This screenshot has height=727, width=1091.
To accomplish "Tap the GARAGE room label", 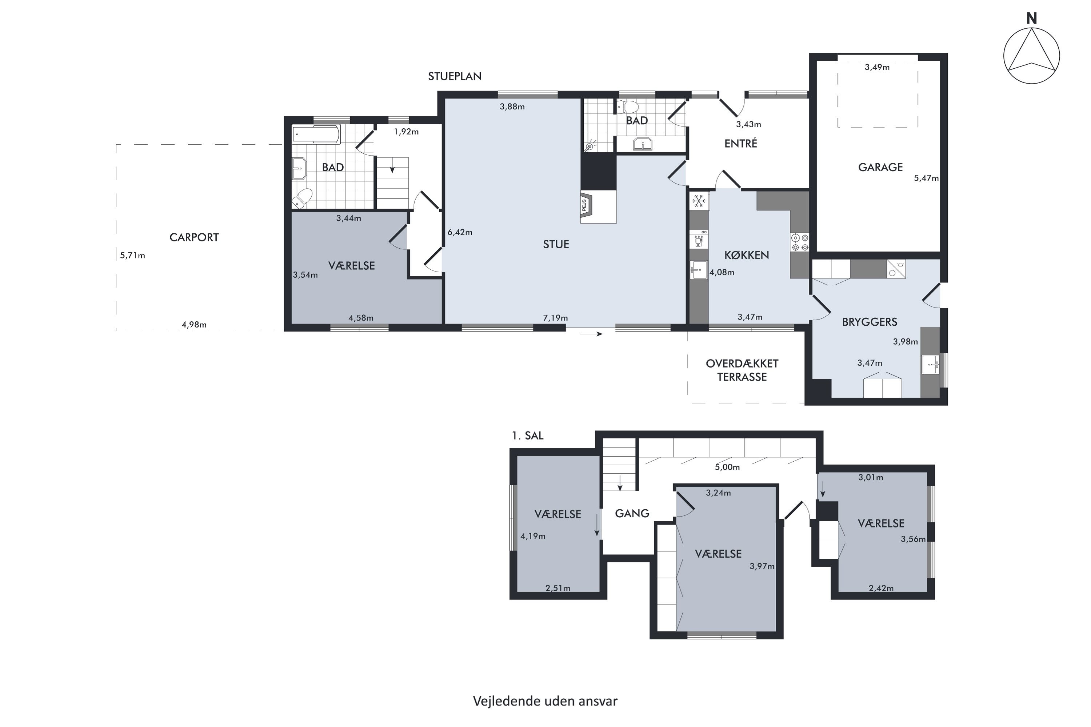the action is pos(880,167).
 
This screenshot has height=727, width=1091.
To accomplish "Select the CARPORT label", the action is pos(194,237).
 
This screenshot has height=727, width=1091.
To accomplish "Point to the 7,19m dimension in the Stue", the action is pos(555,318).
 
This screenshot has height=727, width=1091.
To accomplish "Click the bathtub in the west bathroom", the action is pos(316,134).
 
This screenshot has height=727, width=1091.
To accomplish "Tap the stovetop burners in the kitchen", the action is pos(800,242).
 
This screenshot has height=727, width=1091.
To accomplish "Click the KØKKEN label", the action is pos(746,255).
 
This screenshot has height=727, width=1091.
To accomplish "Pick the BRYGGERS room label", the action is pos(869,322).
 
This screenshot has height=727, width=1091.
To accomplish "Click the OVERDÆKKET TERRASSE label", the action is pos(742,370).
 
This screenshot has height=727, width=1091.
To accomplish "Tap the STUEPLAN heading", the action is pos(455,76).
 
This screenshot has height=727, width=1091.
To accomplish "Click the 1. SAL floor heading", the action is pos(527,436).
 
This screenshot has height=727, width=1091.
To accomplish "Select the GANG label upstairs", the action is pos(632,513).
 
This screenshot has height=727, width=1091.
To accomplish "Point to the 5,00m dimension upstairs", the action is pos(727,467).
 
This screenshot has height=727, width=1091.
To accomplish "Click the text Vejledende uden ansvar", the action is pos(545,701).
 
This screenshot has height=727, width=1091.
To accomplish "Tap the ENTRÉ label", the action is pos(741,143).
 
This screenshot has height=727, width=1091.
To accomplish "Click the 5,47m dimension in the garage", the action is pos(926,178).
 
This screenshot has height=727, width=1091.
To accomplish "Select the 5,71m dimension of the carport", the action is pos(132,256).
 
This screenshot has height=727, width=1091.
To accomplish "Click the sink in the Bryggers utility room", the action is pos(930,365).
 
